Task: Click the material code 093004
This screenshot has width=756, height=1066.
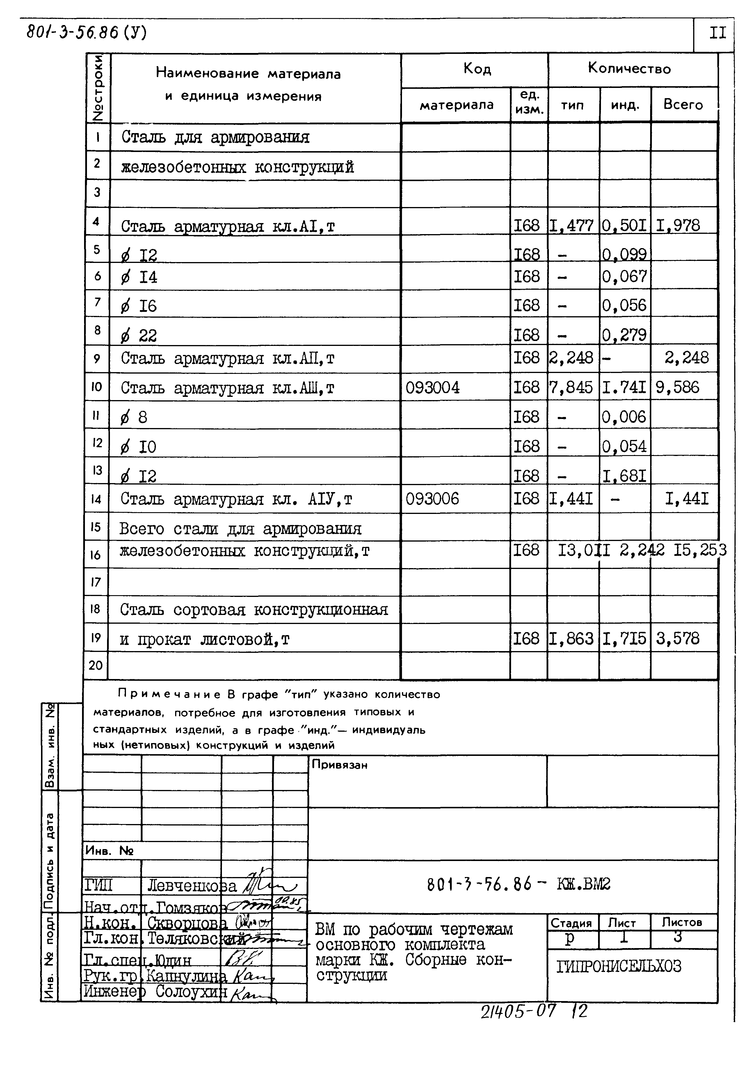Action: pos(433,388)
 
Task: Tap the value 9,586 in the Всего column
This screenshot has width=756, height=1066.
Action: pos(677,388)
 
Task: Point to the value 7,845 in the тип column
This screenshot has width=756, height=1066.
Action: pos(571,388)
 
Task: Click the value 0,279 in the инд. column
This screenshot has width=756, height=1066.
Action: pos(624,335)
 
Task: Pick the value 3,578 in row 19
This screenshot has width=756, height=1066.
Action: pos(677,638)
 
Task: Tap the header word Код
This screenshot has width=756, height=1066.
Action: pos(477,69)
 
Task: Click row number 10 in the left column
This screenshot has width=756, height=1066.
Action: pos(96,387)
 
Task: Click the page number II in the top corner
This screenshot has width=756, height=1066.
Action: pos(717,33)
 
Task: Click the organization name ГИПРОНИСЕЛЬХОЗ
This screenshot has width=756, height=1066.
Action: pos(619,966)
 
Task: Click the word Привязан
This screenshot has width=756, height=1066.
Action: pos(340,765)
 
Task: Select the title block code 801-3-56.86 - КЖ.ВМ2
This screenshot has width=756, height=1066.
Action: pos(518,883)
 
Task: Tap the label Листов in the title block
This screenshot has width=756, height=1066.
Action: pos(682,922)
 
